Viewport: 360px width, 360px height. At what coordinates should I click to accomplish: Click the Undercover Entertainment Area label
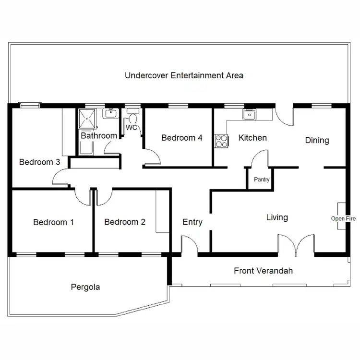click(x=184, y=75)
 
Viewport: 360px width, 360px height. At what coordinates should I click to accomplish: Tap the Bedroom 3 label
click(x=39, y=162)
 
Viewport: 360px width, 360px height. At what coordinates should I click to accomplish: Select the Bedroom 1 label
click(x=53, y=222)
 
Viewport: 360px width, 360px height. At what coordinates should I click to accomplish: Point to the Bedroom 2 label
click(x=124, y=222)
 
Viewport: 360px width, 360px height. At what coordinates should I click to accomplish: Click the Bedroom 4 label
click(x=181, y=138)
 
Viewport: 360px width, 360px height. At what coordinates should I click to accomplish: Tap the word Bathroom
click(x=98, y=136)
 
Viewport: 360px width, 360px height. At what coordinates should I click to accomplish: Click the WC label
click(x=131, y=128)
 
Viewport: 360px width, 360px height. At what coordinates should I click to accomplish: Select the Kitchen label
click(x=252, y=138)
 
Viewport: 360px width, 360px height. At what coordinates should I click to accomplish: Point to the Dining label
click(x=317, y=140)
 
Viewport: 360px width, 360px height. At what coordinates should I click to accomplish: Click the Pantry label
click(x=262, y=180)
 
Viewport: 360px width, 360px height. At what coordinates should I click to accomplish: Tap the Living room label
click(x=277, y=217)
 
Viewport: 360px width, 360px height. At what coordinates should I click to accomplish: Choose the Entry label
click(x=192, y=222)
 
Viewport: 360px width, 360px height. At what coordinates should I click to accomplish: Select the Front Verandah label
click(x=263, y=271)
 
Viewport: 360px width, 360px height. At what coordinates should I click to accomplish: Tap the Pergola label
click(x=85, y=288)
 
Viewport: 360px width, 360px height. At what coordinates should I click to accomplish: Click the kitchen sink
click(x=249, y=114)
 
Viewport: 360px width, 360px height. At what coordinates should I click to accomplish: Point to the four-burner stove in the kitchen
click(x=221, y=140)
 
